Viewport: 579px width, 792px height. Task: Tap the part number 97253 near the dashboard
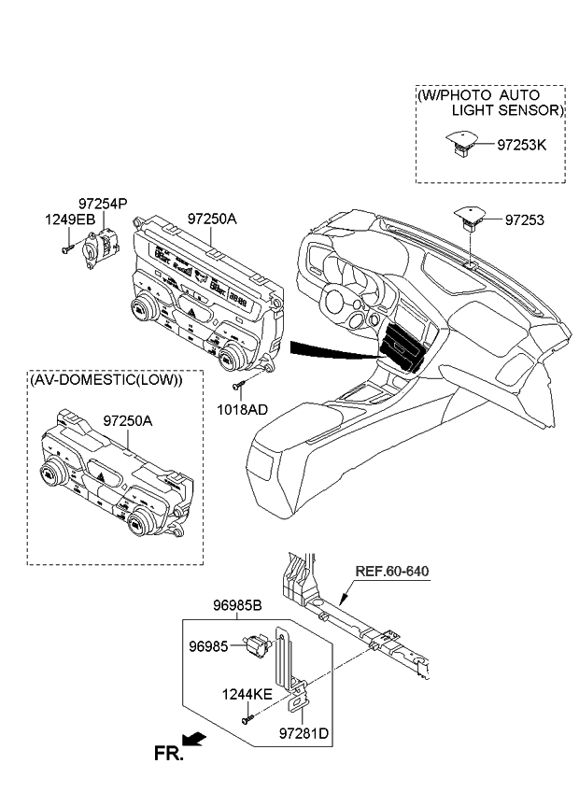[x=524, y=220]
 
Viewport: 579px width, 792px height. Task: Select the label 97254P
[x=103, y=203]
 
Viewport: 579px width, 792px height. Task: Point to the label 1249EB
[x=71, y=219]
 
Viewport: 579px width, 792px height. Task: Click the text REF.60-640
[x=392, y=571]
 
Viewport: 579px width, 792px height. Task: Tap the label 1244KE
[x=246, y=694]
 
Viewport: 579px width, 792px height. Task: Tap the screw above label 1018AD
[x=241, y=385]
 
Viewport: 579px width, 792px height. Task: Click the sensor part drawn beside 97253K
[x=462, y=143]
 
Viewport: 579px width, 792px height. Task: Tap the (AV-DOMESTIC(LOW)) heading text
[x=106, y=380]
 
